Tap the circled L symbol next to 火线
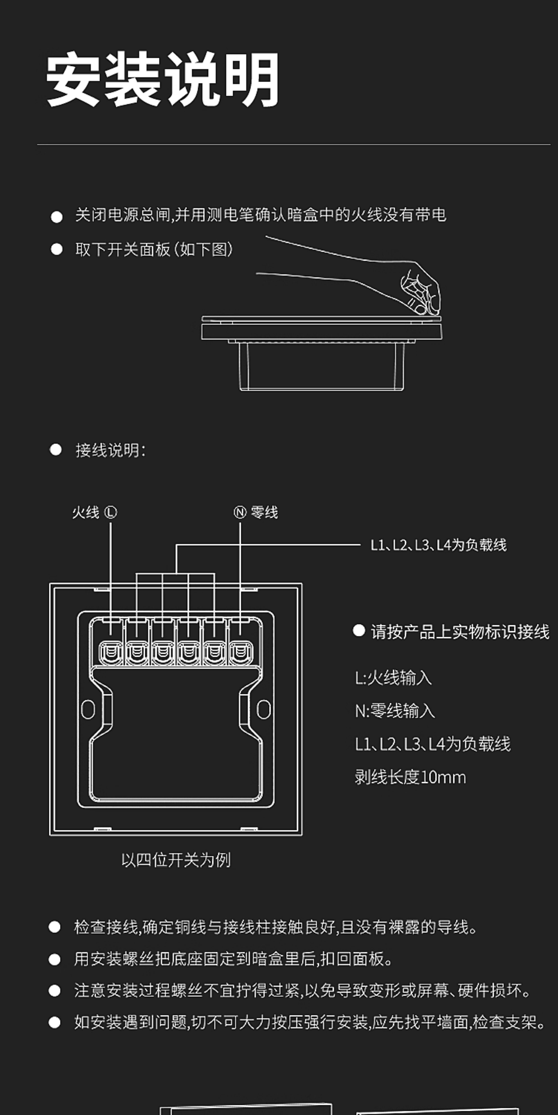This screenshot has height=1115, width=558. point(110,513)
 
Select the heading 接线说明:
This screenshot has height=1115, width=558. point(110,450)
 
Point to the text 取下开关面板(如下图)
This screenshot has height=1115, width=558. point(154,249)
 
